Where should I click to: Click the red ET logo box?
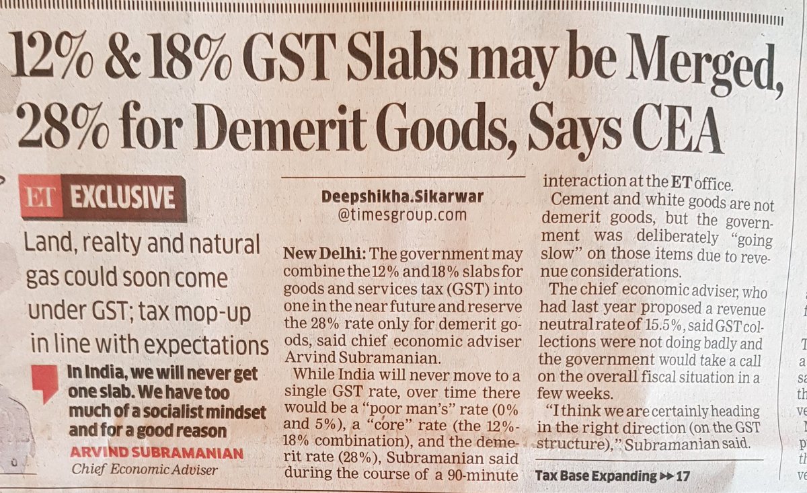[x=41, y=200]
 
